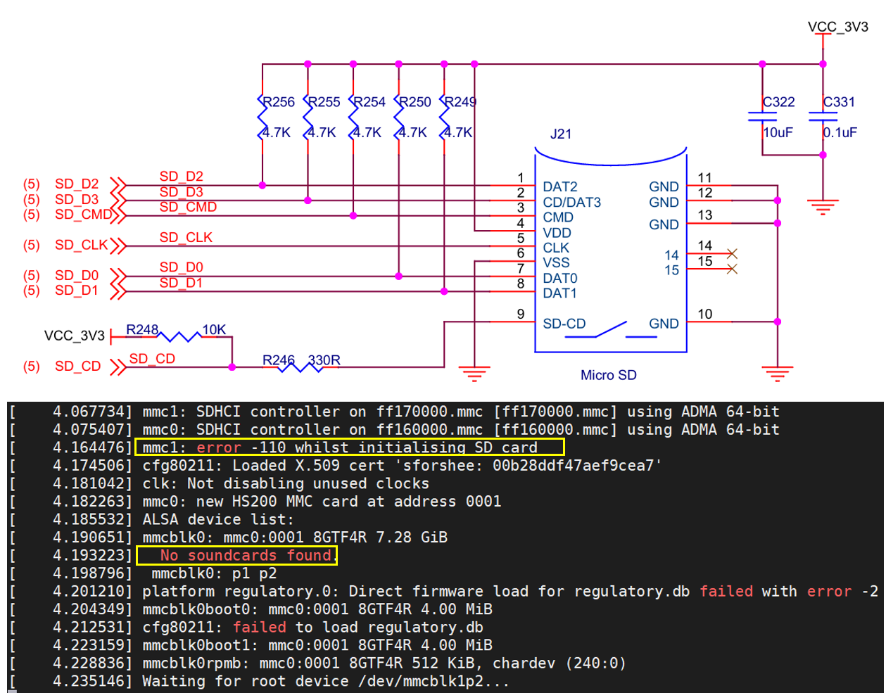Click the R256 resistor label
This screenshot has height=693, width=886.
coord(278,101)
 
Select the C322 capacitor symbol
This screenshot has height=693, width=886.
coord(761,117)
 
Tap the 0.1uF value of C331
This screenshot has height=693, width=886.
coord(840,132)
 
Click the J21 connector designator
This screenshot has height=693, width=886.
coord(561,134)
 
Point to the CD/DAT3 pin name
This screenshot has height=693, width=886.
coord(571,202)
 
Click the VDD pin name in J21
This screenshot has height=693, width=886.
coord(557,233)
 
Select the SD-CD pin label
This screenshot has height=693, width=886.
coord(564,324)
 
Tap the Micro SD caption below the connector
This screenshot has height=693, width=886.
coord(608,375)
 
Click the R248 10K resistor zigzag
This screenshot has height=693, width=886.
coord(179,337)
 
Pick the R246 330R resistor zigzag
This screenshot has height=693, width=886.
coord(300,367)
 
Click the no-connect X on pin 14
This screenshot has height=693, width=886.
coord(732,253)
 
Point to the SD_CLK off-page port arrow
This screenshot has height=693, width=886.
coord(118,246)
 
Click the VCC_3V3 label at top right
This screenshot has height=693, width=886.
coord(838,27)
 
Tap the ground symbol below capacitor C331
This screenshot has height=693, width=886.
coord(823,207)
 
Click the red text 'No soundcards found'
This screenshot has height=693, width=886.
coord(246,555)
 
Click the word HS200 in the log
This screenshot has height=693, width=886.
coord(255,502)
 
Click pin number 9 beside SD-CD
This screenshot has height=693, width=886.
coord(520,314)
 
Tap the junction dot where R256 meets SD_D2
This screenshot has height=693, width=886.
coord(262,186)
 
